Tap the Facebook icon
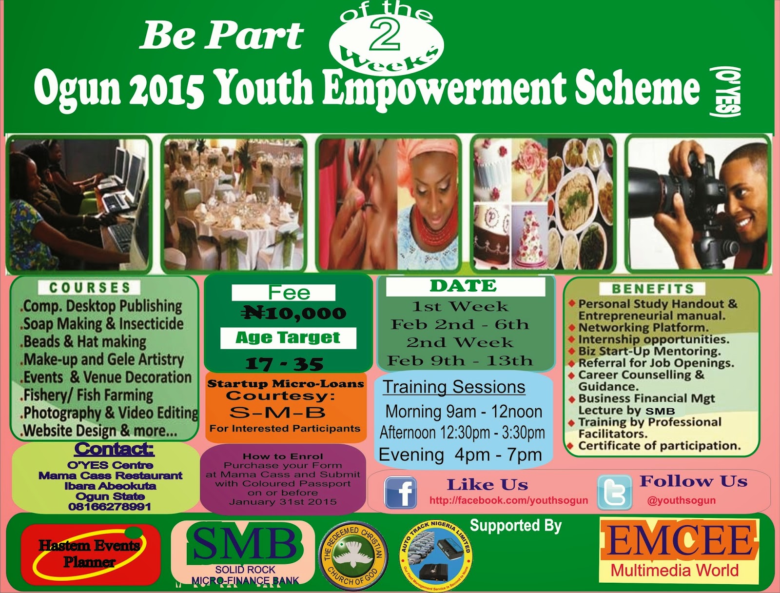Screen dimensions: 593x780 tap(400, 493)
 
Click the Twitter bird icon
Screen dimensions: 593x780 tap(615, 493)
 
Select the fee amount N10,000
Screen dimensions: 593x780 tap(293, 313)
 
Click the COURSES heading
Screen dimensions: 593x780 tap(90, 288)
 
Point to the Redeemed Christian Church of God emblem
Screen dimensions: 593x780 tap(352, 555)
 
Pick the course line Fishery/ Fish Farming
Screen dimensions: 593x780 tap(88, 395)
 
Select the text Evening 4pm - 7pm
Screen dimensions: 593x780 tap(460, 455)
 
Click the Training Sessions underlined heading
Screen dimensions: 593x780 tap(454, 387)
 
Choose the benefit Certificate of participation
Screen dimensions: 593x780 tap(659, 446)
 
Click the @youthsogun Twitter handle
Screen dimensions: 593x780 tap(681, 500)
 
